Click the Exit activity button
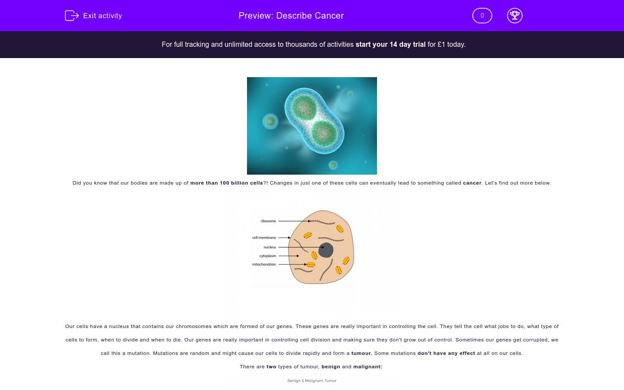coord(94,16)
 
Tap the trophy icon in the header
coord(514,16)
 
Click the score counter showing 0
coord(482,16)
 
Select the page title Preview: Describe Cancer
coord(291,16)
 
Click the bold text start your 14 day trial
coord(390,44)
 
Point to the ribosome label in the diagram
coord(268,221)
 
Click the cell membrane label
coord(264,237)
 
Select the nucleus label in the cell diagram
coord(270,247)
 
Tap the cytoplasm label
coord(267,256)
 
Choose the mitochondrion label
coord(264,264)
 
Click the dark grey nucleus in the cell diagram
coord(326,250)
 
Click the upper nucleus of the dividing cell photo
coord(304,106)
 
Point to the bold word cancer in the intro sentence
coord(472,183)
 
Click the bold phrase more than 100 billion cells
coord(227,183)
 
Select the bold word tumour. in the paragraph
coord(361,353)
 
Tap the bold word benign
coord(331,367)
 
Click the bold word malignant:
coord(367,367)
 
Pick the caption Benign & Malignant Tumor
coord(312,381)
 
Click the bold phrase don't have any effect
coord(446,353)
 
